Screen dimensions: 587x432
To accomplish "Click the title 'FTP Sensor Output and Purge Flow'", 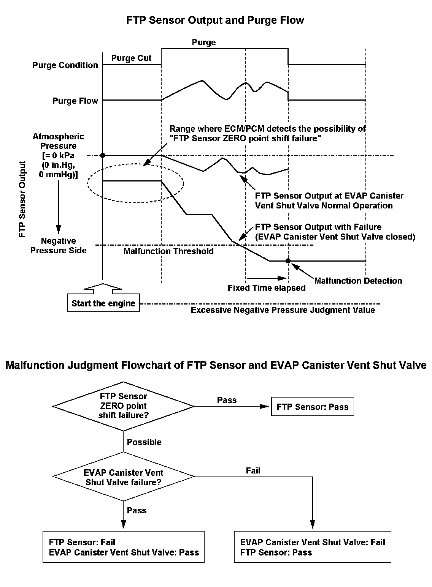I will tap(215, 21).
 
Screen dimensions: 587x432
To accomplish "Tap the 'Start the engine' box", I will tap(103, 303).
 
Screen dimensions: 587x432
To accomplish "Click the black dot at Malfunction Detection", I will tap(288, 261).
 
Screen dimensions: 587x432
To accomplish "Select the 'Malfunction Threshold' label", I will tap(168, 251).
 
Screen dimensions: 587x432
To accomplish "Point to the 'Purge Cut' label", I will tap(131, 58).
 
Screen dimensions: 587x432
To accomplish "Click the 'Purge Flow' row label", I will tap(75, 101).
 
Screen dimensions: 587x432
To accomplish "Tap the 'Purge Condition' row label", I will tap(65, 65).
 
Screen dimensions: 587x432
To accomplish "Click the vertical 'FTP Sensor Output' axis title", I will tap(23, 199).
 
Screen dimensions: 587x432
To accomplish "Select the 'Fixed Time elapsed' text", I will tap(267, 288).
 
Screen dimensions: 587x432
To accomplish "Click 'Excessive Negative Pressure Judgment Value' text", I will tap(283, 310).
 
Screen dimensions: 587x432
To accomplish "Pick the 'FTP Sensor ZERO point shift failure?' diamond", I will tap(123, 406).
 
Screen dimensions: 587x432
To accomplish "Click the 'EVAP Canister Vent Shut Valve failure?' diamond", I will tap(123, 477).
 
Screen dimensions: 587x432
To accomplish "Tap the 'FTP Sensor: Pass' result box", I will tap(312, 407).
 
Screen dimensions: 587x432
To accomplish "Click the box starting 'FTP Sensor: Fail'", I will tap(124, 547).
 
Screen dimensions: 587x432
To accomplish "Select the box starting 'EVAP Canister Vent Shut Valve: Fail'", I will tap(313, 547).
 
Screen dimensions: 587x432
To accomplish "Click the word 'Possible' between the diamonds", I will tap(144, 442).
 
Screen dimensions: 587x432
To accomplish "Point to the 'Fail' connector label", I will tap(253, 471).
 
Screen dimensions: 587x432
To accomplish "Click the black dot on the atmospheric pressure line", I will tap(103, 155).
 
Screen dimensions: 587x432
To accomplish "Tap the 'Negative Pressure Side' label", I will tap(58, 246).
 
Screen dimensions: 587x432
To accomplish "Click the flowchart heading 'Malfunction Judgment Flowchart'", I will tap(216, 365).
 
